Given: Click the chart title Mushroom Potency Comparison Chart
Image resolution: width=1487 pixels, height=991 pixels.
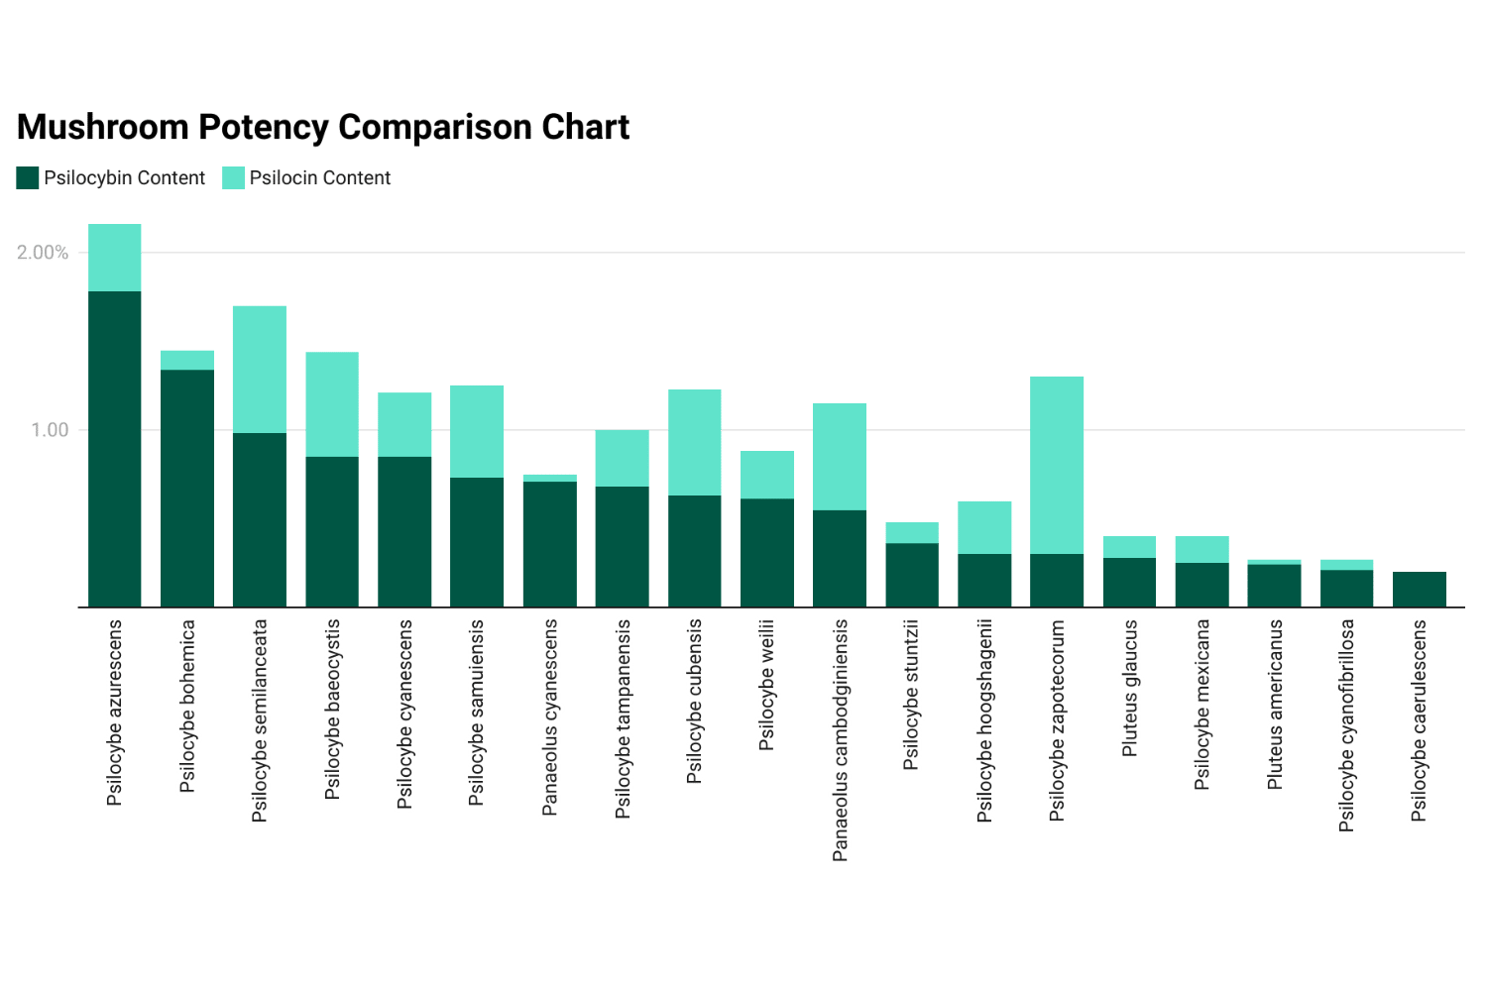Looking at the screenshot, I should (323, 128).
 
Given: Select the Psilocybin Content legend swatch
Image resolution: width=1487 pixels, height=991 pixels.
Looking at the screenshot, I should (28, 178).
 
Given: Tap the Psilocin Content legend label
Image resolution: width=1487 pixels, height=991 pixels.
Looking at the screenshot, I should (320, 178).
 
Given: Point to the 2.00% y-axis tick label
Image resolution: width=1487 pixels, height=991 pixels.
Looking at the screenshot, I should (43, 253).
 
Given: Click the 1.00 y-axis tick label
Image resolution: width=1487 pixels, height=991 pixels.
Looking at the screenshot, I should (50, 430).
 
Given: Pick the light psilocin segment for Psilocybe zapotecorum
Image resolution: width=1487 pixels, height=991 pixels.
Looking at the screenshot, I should (1057, 464).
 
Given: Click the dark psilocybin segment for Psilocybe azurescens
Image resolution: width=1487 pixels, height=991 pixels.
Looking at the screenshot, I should (115, 448).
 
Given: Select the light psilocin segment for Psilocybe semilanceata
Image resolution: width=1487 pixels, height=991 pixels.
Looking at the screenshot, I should (260, 369).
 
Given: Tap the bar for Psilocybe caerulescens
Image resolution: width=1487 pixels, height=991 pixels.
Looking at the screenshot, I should (1420, 590).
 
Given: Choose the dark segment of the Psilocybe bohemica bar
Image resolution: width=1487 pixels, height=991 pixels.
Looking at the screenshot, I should (187, 488).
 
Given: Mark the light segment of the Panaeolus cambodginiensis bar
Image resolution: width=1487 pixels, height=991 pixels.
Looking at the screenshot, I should (840, 456).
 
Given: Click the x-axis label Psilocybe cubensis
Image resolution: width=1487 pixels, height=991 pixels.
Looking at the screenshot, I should (695, 702).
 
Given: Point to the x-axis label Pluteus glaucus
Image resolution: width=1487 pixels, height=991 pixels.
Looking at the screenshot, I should (1130, 689).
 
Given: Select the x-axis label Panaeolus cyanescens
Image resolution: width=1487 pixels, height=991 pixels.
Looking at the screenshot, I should (550, 717).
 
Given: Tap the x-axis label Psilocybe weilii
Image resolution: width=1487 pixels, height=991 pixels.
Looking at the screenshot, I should (767, 685).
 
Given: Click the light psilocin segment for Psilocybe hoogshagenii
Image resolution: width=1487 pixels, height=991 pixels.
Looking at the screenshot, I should (984, 527).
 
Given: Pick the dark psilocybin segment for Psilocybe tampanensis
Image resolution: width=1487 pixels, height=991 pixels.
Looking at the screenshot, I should (623, 546).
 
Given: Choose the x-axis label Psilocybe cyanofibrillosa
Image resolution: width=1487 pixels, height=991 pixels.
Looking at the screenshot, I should (1346, 725).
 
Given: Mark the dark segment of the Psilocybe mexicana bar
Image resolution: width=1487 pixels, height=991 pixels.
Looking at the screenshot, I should (1201, 585).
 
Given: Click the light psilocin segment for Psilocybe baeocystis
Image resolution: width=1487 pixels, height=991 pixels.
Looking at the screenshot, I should (332, 404).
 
